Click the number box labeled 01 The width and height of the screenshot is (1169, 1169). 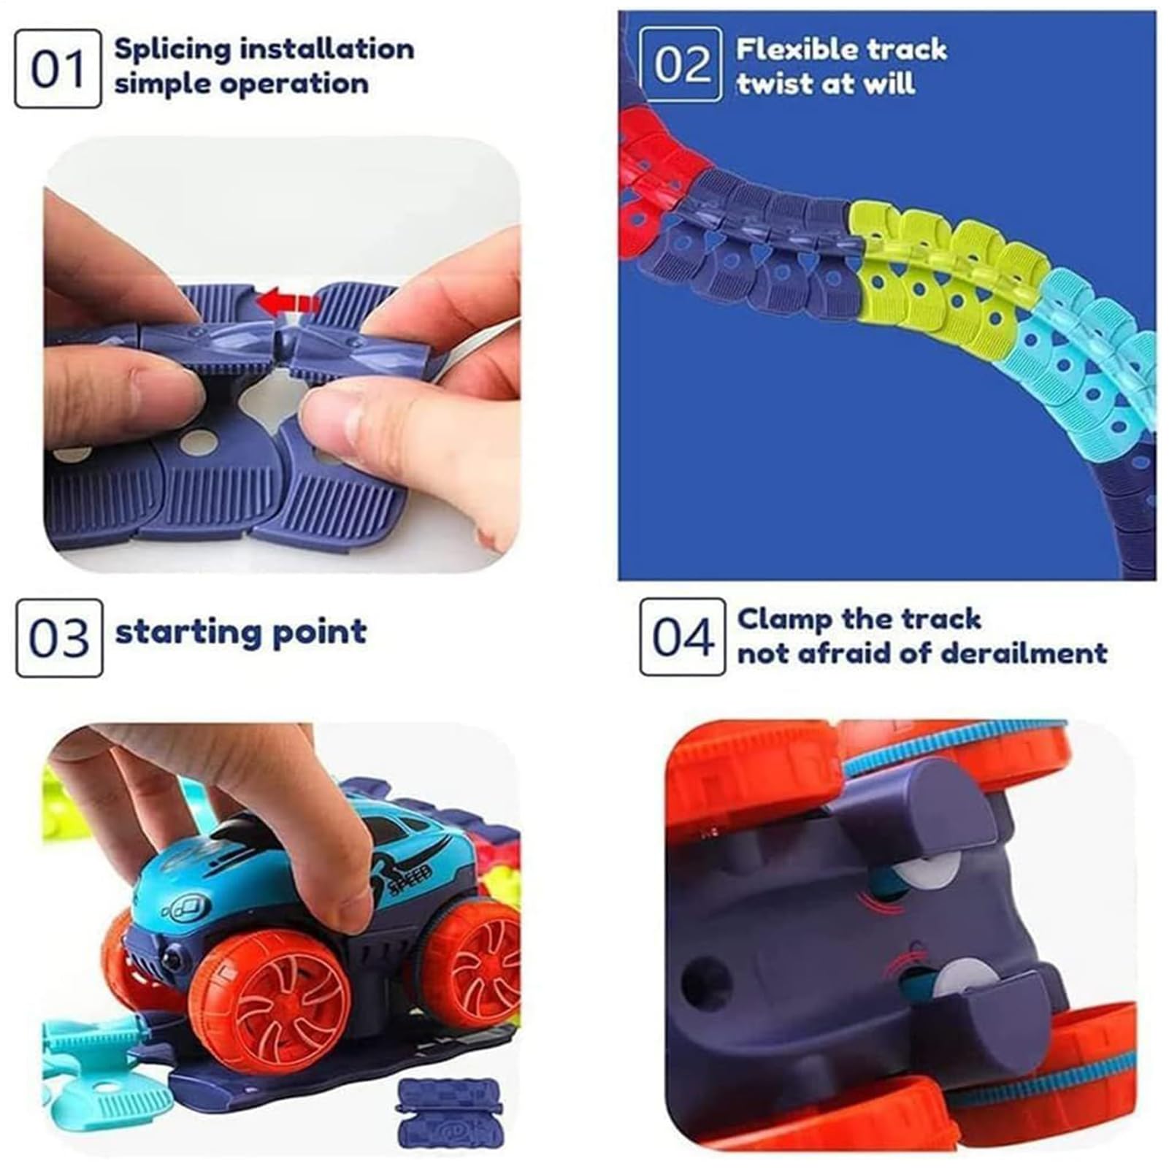(x=58, y=69)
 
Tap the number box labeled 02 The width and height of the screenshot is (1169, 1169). (x=681, y=64)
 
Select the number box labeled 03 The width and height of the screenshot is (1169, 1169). (x=59, y=637)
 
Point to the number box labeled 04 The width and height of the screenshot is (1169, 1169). (x=682, y=637)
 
